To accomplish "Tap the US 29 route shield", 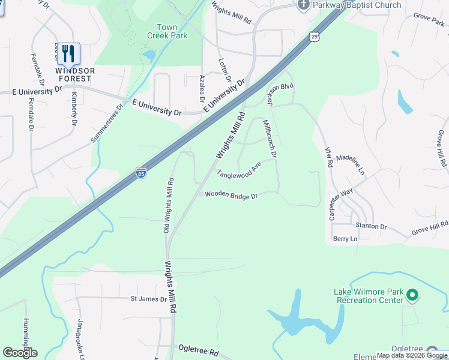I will click(x=315, y=37).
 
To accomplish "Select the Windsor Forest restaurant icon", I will click(x=68, y=54).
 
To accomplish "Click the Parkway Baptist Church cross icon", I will click(x=303, y=5).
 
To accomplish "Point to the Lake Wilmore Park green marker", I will click(x=412, y=295).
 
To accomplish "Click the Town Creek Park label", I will click(x=167, y=31).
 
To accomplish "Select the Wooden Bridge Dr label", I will click(x=231, y=195).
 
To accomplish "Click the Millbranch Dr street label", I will click(x=270, y=139).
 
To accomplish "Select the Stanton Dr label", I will click(x=371, y=226).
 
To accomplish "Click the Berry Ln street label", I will click(x=345, y=239).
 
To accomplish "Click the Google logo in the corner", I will click(x=20, y=353).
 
